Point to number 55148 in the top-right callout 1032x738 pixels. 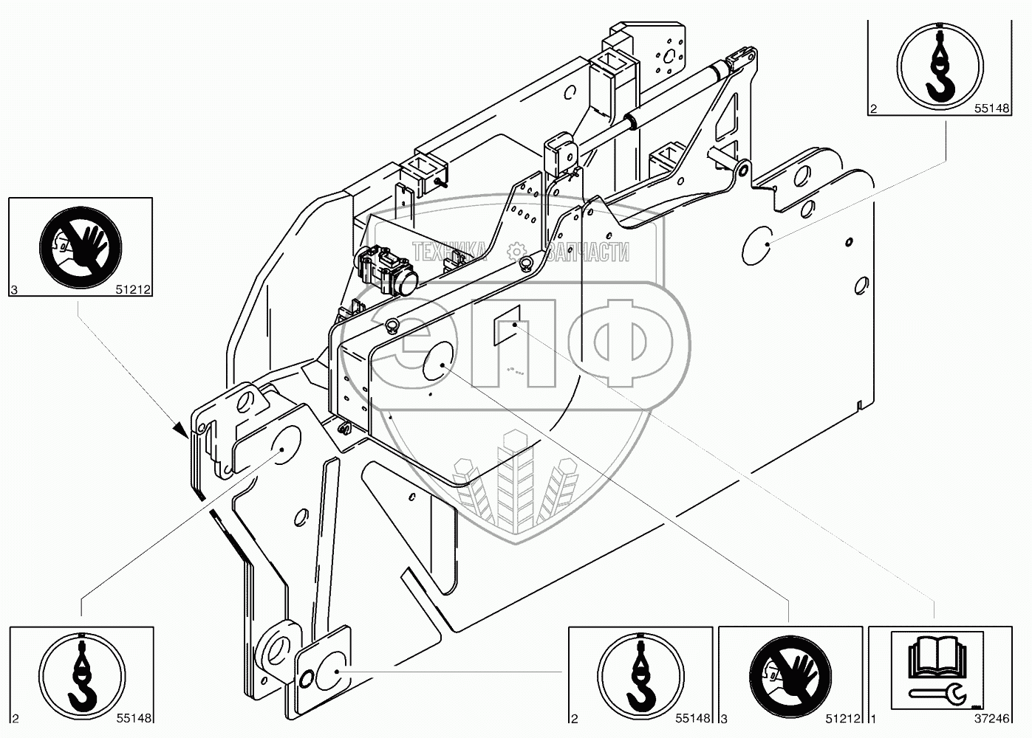992,108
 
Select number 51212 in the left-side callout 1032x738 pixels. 133,289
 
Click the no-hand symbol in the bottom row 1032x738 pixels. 790,677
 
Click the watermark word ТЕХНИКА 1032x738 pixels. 449,252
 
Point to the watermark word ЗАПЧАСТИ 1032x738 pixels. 588,252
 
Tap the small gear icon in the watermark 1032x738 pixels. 516,252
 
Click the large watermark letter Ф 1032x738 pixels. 629,343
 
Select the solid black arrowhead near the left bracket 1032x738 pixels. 180,431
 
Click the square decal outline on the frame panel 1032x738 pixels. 507,325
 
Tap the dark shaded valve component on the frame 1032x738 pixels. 386,270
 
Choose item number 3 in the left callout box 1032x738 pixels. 14,290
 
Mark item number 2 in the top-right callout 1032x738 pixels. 873,109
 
